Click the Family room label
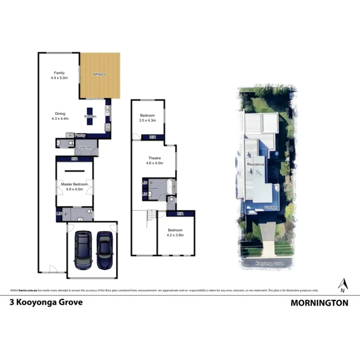(59, 75)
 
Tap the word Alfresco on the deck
(100, 74)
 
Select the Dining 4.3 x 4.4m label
(60, 116)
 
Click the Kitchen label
(90, 116)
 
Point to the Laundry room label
(85, 147)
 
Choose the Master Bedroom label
(75, 187)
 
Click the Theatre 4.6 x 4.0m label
(155, 161)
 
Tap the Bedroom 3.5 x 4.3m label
(147, 118)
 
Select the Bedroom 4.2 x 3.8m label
(175, 233)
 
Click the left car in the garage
(84, 250)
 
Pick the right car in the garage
(104, 250)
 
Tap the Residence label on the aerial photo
(256, 164)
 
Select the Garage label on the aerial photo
(270, 208)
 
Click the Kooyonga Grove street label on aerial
(270, 263)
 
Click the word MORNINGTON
(319, 303)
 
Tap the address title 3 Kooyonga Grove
(46, 302)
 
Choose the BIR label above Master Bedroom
(74, 159)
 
